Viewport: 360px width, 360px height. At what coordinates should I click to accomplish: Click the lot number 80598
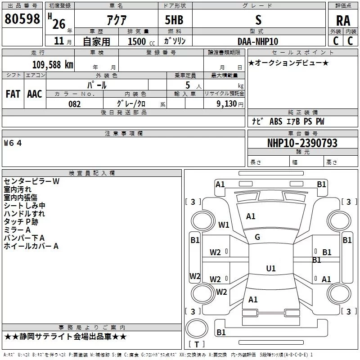pyautogui.click(x=22, y=19)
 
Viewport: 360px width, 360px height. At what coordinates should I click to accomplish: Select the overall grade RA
pyautogui.click(x=343, y=21)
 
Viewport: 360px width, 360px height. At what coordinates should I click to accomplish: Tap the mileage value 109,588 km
pyautogui.click(x=53, y=65)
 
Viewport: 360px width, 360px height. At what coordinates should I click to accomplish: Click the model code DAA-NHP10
pyautogui.click(x=258, y=41)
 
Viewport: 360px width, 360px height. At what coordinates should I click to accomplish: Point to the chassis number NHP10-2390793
pyautogui.click(x=302, y=143)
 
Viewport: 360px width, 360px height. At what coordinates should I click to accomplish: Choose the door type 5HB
pyautogui.click(x=174, y=20)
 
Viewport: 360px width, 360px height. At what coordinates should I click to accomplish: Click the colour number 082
pyautogui.click(x=75, y=104)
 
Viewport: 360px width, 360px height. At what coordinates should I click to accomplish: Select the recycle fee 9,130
pyautogui.click(x=227, y=104)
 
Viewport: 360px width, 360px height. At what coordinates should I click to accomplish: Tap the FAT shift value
pyautogui.click(x=13, y=94)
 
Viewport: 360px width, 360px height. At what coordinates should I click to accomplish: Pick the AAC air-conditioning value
pyautogui.click(x=35, y=94)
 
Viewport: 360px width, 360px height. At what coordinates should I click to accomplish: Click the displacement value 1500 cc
pyautogui.click(x=141, y=41)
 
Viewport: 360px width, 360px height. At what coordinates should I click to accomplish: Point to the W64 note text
pyautogui.click(x=13, y=143)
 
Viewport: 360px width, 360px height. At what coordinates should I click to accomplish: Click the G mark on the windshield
pyautogui.click(x=257, y=237)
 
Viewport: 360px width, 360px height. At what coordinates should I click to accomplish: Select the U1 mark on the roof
pyautogui.click(x=271, y=268)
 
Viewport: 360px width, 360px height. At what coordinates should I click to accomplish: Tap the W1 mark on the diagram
pyautogui.click(x=224, y=225)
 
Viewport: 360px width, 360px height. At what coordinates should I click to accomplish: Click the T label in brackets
pyautogui.click(x=197, y=344)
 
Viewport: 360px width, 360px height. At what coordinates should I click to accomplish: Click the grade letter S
pyautogui.click(x=258, y=20)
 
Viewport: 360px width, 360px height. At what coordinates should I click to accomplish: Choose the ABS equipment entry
pyautogui.click(x=276, y=121)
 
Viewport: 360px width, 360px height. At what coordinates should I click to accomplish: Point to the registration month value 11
pyautogui.click(x=59, y=41)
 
